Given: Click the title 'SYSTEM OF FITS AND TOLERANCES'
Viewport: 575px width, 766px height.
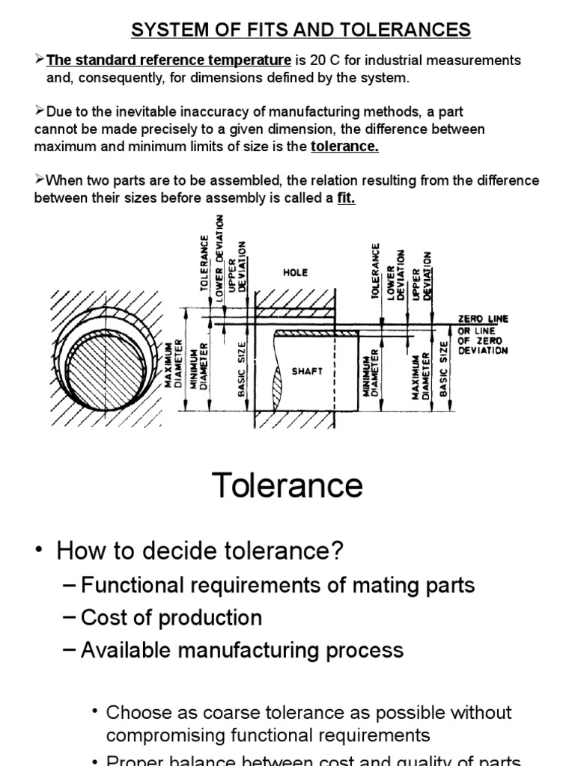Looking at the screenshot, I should [x=301, y=30].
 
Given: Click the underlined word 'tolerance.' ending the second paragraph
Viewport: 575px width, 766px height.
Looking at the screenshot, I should [x=344, y=147].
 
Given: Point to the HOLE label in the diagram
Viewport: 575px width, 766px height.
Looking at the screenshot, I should [x=295, y=273].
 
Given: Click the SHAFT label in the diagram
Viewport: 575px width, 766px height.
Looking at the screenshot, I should [x=307, y=371].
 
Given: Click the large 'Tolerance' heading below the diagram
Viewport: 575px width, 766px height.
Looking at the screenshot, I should [x=287, y=486].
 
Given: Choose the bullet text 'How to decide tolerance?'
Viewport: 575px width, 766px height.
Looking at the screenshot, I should [x=200, y=552].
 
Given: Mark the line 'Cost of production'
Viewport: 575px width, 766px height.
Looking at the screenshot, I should [x=171, y=618].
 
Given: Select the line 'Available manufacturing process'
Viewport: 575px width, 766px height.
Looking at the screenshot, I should [x=242, y=650].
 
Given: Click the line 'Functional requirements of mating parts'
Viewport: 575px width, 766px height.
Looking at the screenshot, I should [x=278, y=585].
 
